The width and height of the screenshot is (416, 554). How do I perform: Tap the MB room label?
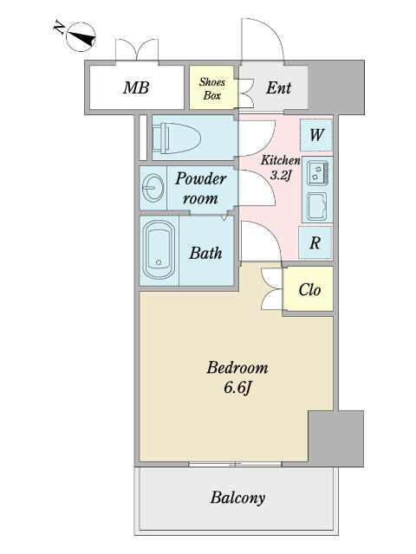pos(136,87)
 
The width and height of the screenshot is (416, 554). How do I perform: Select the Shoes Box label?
pos(211,88)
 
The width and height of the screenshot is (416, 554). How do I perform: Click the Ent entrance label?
pos(279,87)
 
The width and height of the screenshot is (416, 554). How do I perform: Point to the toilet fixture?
pos(177,138)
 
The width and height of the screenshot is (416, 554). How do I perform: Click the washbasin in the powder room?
pos(153,187)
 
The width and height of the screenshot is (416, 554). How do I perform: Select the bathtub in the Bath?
pos(159,250)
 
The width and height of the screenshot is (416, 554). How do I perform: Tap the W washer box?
pos(316,135)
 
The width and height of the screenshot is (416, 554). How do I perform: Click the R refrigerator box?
pos(315,242)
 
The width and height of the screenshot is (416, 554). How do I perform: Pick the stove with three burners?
pos(317,173)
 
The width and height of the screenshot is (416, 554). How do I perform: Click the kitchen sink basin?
pos(317,206)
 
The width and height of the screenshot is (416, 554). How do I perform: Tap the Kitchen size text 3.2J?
pos(280,175)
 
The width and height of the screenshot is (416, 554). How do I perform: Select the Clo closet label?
pos(309,290)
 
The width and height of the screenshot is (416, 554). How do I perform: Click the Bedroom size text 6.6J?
pos(237,388)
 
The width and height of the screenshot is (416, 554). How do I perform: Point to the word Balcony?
pos(237,498)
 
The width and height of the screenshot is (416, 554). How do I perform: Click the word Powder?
pos(200,179)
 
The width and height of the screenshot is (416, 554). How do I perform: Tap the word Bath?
pos(205,253)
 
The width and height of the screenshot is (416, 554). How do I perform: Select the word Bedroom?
pos(237,368)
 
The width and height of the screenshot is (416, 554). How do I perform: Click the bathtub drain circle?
pos(159,262)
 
